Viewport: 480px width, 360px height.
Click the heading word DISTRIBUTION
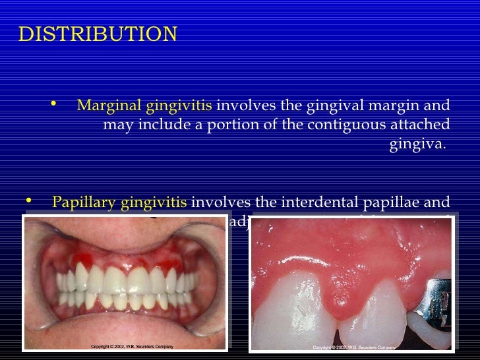[x=98, y=34]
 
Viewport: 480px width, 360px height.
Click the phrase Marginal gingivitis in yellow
[x=144, y=105]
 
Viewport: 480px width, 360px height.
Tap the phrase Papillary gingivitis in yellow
[x=119, y=202]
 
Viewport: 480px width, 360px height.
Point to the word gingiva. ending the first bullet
[x=418, y=144]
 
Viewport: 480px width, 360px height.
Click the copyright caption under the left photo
[x=132, y=347]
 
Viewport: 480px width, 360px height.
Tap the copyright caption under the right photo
[x=355, y=347]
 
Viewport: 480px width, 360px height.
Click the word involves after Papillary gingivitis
[x=217, y=202]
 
